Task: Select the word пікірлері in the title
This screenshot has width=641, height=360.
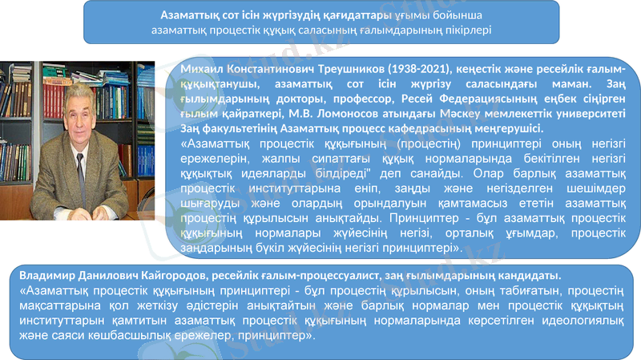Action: pyautogui.click(x=458, y=29)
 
